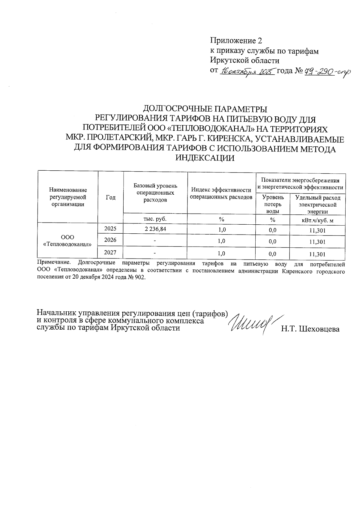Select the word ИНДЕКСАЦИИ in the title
pos(205,158)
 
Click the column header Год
pos(111,197)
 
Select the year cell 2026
pos(110,240)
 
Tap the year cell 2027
pos(110,253)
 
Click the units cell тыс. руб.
pos(155,219)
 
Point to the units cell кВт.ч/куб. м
pos(317,220)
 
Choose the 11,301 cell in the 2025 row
pos(317,231)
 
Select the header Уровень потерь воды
pos(272,204)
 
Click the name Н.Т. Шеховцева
pos(310,329)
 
